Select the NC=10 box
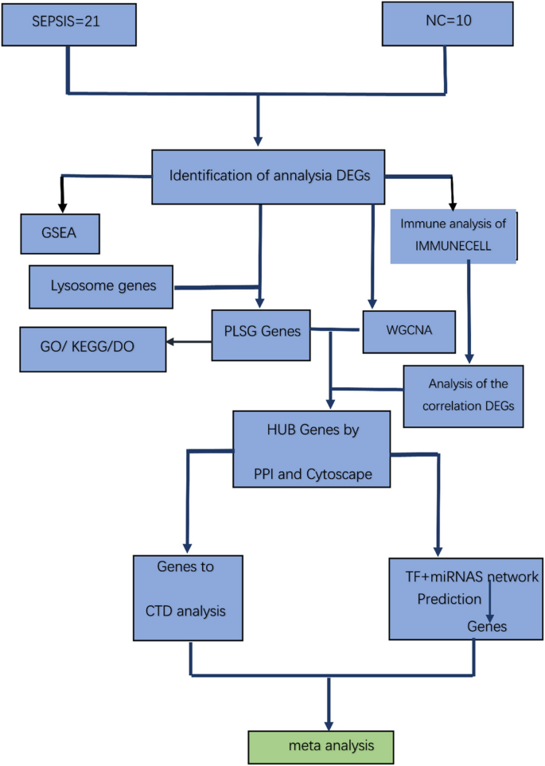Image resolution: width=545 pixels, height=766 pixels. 439,23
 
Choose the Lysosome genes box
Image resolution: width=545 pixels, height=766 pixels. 100,286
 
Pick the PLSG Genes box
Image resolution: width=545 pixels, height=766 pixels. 260,332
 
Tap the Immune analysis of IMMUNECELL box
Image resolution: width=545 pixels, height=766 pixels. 454,236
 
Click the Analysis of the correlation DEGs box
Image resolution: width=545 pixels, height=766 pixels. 464,395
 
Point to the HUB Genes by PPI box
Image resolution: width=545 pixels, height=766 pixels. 311,448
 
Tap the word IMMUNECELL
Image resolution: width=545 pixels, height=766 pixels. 453,247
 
